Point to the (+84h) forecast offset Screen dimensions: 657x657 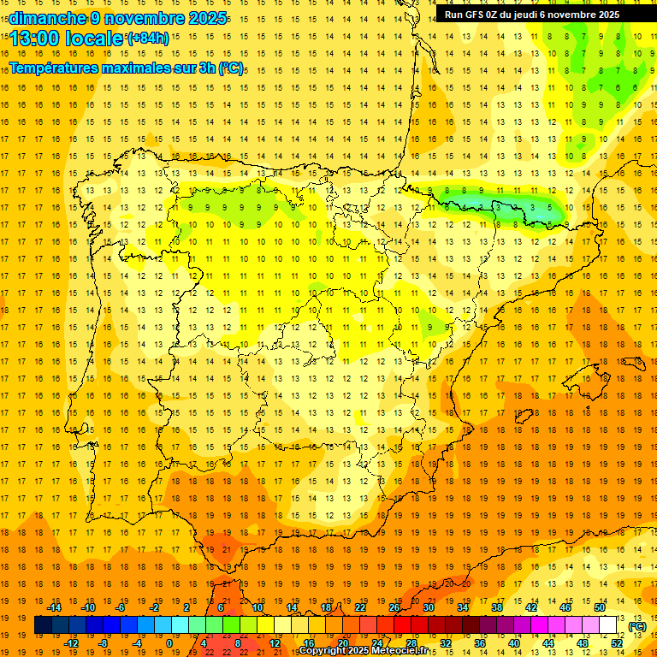click(148, 38)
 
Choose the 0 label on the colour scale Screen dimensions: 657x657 click(169, 643)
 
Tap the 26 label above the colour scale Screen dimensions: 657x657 click(394, 607)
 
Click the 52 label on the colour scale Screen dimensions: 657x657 click(617, 643)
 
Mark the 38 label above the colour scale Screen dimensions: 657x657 click(497, 607)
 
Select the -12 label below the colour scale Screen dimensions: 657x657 click(72, 643)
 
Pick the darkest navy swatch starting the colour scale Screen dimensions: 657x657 click(43, 625)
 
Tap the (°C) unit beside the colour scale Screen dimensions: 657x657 click(637, 626)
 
